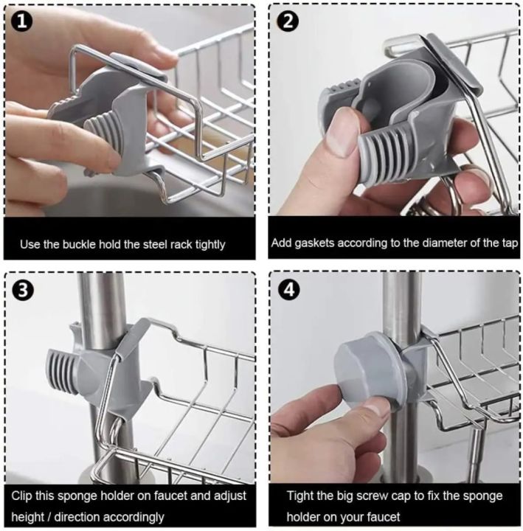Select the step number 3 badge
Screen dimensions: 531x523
click(22, 290)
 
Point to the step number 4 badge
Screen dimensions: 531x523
click(291, 290)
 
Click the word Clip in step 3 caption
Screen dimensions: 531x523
click(24, 496)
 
